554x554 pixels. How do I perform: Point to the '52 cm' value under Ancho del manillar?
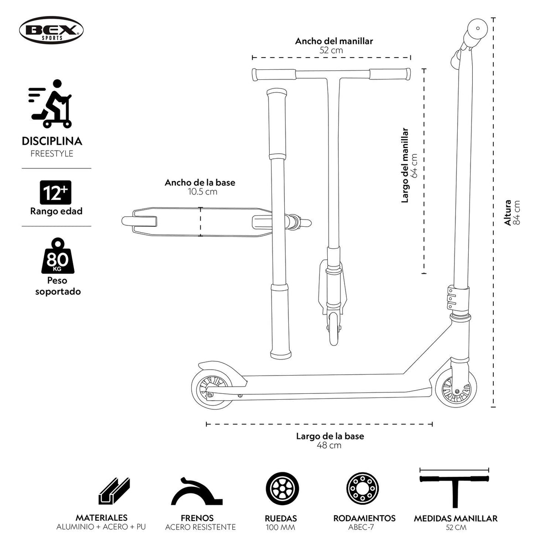pos(331,50)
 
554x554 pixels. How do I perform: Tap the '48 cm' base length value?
pos(329,445)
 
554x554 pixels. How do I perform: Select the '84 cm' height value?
pos(517,213)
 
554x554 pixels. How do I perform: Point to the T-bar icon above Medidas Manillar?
pos(455,487)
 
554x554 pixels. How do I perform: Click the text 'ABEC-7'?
pos(364,528)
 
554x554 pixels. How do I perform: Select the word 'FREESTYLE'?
pos(52,154)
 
